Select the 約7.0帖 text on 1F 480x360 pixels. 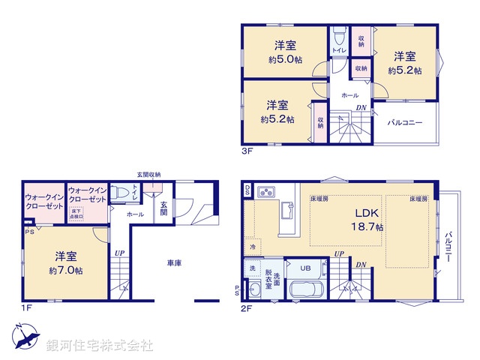point(67,271)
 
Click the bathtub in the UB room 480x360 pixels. point(304,290)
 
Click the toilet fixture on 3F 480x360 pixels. point(337,37)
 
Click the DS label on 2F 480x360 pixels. point(247,191)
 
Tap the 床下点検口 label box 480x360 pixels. point(77,214)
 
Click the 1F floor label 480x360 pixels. point(27,307)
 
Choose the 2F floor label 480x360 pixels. point(247,307)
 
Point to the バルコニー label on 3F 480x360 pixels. point(404,122)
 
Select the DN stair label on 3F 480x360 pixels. point(361,108)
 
